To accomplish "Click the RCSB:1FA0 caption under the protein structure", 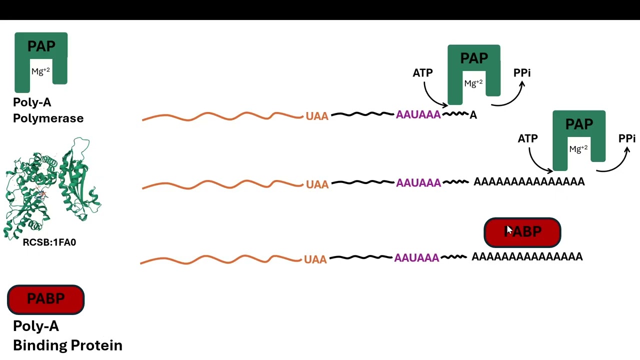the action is coord(49,242).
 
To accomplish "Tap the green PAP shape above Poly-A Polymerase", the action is coord(41,45).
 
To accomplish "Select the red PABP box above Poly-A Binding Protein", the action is coord(45,299).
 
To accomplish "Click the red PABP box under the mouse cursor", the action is coord(522,232).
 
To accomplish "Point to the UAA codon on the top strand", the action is coord(317,116).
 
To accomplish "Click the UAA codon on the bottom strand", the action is coord(315,259).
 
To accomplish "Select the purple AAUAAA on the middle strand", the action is coord(418,183).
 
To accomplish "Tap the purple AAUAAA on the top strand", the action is coord(418,114).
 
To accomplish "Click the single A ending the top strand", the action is coord(473,115).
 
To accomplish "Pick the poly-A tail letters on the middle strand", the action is coord(529,181).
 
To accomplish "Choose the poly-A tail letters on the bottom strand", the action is coord(527,256).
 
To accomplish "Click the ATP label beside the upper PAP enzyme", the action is coord(422,73).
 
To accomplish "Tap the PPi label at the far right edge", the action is coord(627,138).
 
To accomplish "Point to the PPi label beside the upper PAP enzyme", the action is coord(522,73).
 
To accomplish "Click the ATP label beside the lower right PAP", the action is coord(527,138).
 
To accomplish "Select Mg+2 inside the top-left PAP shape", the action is coord(40,71).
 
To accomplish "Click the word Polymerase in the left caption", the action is coord(48,118).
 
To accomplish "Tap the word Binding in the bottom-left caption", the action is coord(39,345).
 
